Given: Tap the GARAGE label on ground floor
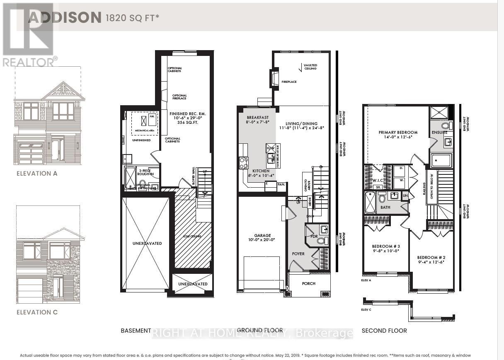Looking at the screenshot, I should pyautogui.click(x=262, y=235).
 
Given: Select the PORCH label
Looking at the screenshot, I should pyautogui.click(x=308, y=283).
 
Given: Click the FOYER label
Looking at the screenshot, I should pyautogui.click(x=298, y=254).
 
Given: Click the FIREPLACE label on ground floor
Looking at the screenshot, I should pyautogui.click(x=289, y=82).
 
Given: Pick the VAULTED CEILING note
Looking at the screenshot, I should pyautogui.click(x=310, y=67).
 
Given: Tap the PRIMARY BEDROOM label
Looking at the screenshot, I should pyautogui.click(x=398, y=133).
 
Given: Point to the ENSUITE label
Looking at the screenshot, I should pyautogui.click(x=440, y=133).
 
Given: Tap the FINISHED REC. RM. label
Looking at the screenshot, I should pyautogui.click(x=188, y=114).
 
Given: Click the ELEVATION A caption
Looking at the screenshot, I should pyautogui.click(x=37, y=173).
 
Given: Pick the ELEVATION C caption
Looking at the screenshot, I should pyautogui.click(x=37, y=312).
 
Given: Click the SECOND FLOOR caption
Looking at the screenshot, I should pyautogui.click(x=384, y=331).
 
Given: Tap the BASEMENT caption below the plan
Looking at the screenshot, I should pyautogui.click(x=136, y=331).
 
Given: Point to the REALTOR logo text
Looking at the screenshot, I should pyautogui.click(x=28, y=62).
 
